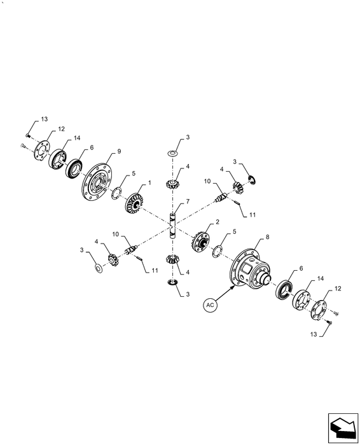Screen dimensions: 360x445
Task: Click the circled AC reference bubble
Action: tap(210, 305)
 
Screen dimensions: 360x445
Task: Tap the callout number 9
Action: tap(119, 151)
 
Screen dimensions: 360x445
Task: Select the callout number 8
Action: tap(267, 237)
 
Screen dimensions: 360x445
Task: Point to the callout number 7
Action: tap(188, 202)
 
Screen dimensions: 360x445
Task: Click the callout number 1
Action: tap(149, 183)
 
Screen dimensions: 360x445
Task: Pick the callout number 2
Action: tap(218, 222)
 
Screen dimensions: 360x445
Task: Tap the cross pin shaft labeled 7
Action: tap(172, 226)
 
